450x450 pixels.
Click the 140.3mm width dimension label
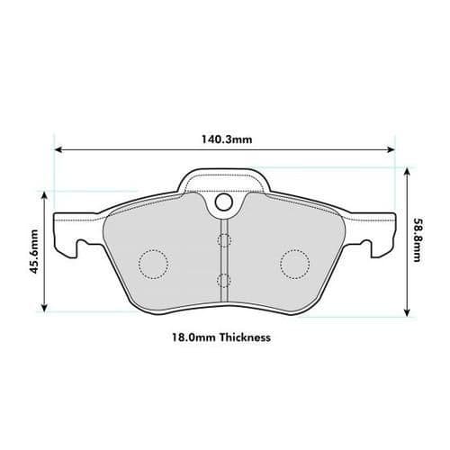pyautogui.click(x=225, y=139)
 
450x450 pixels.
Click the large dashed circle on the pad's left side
pyautogui.click(x=153, y=264)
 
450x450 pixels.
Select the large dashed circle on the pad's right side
pyautogui.click(x=294, y=264)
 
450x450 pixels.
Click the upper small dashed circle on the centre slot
pyautogui.click(x=224, y=240)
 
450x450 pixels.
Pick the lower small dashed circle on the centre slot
pyautogui.click(x=224, y=280)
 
